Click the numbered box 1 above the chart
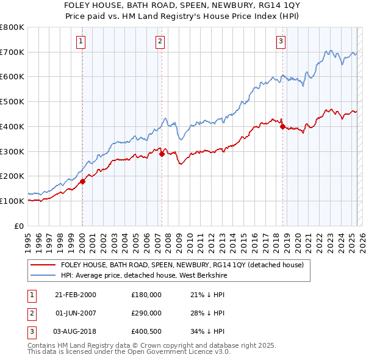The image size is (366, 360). click(81, 41)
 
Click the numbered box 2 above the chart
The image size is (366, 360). click(160, 41)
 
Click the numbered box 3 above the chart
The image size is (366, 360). click(281, 41)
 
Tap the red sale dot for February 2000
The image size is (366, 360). click(82, 181)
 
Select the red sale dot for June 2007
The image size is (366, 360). click(162, 154)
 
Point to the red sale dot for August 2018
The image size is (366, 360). click(282, 126)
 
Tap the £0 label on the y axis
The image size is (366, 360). click(18, 226)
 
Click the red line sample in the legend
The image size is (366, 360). click(43, 265)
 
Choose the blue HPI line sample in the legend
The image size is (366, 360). click(43, 275)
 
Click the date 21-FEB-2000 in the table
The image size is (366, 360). click(76, 295)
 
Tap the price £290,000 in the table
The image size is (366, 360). click(146, 313)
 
